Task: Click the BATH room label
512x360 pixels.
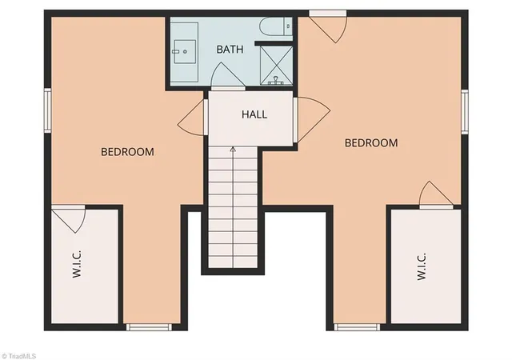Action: (230, 50)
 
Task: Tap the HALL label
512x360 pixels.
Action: (254, 114)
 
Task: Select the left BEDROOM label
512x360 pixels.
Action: (127, 152)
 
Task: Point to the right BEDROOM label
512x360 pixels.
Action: (371, 142)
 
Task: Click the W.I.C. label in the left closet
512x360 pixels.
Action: (77, 264)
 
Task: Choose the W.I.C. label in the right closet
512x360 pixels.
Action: (422, 266)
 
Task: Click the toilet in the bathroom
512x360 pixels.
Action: (276, 26)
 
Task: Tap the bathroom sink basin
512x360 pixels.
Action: (185, 52)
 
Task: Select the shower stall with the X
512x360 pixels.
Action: (276, 65)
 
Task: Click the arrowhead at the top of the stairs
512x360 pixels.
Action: (233, 150)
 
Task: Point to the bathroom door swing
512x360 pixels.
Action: (227, 76)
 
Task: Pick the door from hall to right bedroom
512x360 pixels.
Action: (311, 119)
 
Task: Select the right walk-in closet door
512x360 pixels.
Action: (436, 195)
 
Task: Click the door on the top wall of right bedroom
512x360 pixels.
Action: (328, 26)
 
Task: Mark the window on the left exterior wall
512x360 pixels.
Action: (48, 110)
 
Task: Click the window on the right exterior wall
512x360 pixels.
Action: (465, 112)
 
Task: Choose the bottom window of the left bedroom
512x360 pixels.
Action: (149, 327)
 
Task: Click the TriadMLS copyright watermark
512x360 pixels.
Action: (18, 356)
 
